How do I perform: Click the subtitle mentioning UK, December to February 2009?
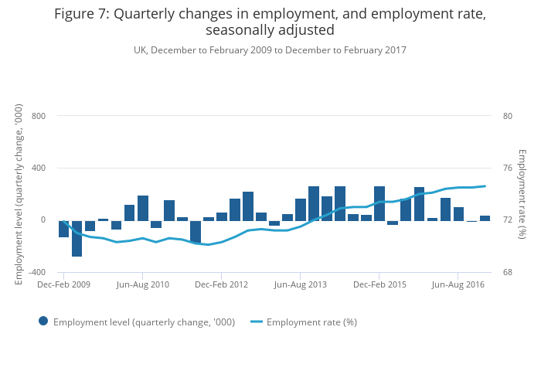(x=270, y=50)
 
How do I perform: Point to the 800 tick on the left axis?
(x=39, y=116)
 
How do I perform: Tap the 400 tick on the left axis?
(x=39, y=168)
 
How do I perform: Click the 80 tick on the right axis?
(x=508, y=116)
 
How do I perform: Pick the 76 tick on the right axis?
(x=508, y=168)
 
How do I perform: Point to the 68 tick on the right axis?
(x=508, y=272)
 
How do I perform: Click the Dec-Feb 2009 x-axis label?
(x=64, y=285)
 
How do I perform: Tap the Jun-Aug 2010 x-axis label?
(x=143, y=285)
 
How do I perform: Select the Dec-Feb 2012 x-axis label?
(x=222, y=285)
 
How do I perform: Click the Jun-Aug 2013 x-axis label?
(x=301, y=285)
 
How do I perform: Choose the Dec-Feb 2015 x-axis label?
(x=379, y=285)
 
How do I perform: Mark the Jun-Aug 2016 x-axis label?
(x=458, y=285)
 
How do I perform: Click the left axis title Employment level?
(x=19, y=194)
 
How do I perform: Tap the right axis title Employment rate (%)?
(x=522, y=194)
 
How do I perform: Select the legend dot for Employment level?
(x=43, y=322)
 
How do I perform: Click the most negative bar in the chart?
(x=77, y=238)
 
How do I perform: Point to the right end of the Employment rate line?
(x=485, y=185)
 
